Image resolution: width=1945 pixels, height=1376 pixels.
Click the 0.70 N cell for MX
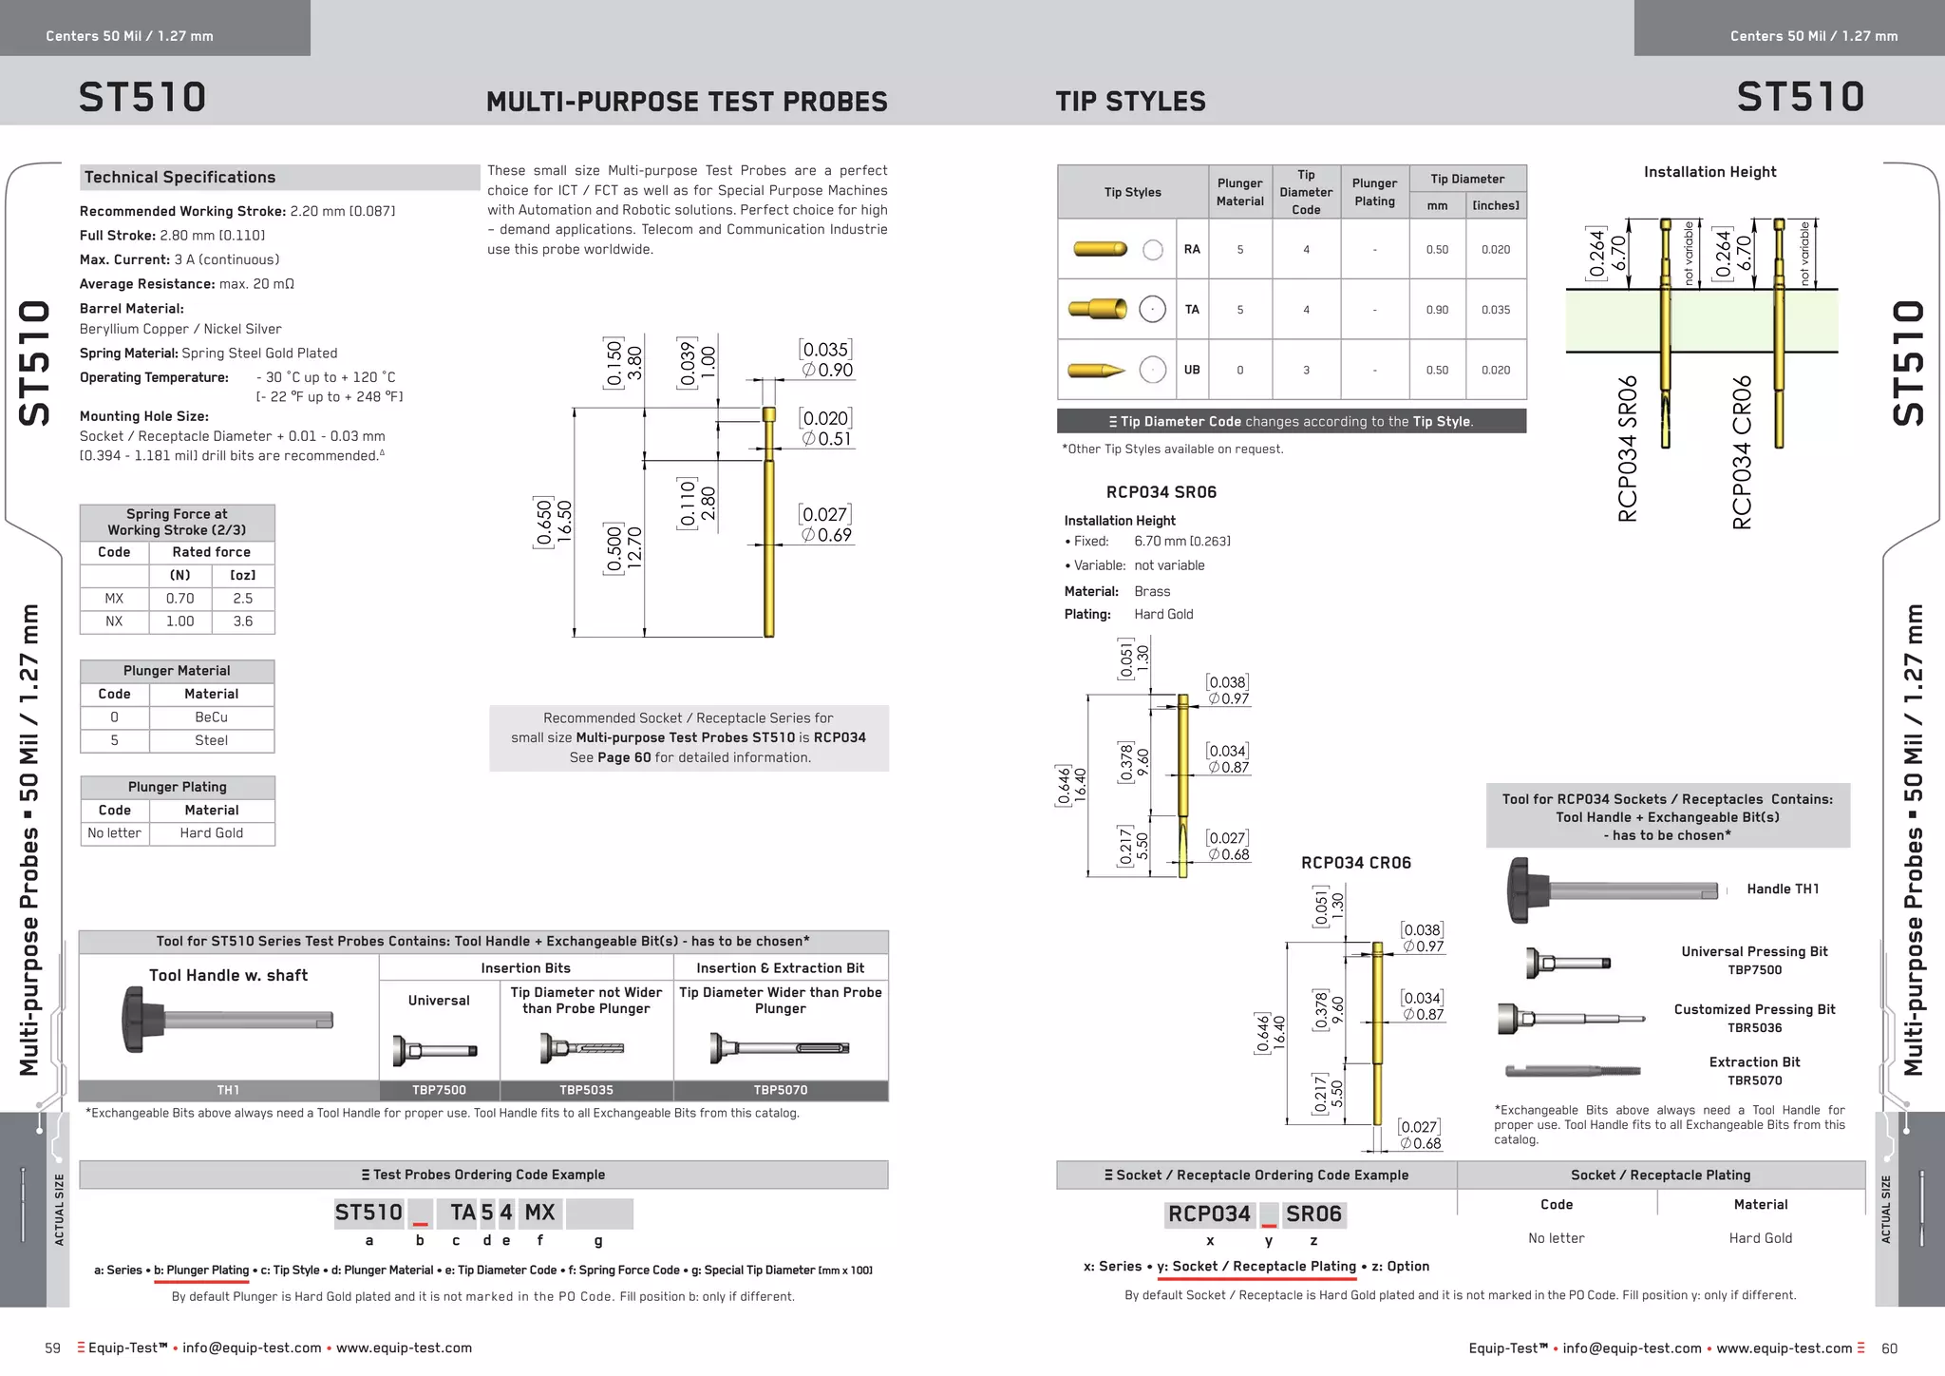pos(179,599)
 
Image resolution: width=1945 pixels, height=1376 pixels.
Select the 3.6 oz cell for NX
pos(243,621)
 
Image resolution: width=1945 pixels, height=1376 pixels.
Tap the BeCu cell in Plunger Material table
pos(211,717)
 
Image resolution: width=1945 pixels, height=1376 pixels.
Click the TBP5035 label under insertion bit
pos(586,1090)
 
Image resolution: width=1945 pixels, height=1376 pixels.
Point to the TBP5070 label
pos(780,1090)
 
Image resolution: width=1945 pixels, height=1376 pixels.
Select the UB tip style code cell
pos(1192,370)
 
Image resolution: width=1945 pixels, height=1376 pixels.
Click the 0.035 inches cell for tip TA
pos(1495,310)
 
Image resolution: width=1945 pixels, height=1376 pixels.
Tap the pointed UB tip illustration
pos(1096,370)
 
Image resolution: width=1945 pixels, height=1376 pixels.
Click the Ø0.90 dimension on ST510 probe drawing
pos(828,370)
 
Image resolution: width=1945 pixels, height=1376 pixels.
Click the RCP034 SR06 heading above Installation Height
pos(1161,492)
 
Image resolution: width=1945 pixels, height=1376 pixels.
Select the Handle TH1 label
pos(1783,889)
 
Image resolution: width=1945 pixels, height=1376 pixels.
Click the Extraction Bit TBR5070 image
pos(1573,1071)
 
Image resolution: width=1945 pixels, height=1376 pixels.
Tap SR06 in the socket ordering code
pos(1312,1214)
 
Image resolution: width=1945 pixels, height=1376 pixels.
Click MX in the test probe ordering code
pos(539,1213)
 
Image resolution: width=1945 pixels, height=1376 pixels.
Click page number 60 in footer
pos(1889,1348)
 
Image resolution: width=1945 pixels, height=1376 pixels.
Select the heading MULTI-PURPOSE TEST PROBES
pos(687,102)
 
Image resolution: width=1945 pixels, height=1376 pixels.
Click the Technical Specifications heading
pos(179,178)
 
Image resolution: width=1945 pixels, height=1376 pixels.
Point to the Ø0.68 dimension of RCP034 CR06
pos(1421,1143)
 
